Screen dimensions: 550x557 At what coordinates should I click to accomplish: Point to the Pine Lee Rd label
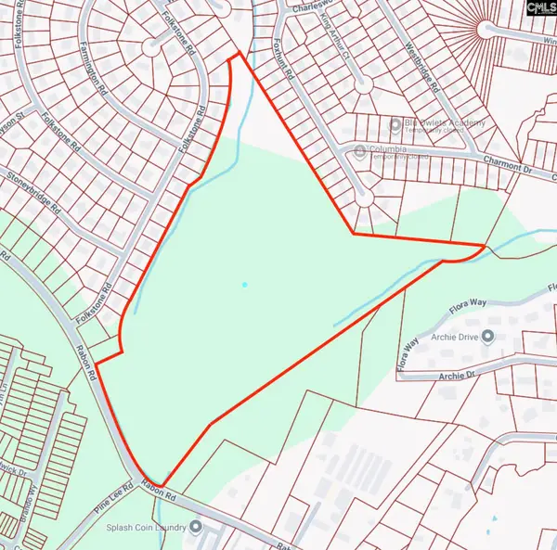(x=115, y=500)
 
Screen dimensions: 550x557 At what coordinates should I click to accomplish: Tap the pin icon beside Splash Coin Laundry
(x=197, y=527)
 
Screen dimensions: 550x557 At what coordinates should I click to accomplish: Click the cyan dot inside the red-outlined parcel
(x=244, y=285)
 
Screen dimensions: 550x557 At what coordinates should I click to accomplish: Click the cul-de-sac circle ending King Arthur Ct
(x=362, y=83)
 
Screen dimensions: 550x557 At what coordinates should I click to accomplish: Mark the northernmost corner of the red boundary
(x=240, y=52)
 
